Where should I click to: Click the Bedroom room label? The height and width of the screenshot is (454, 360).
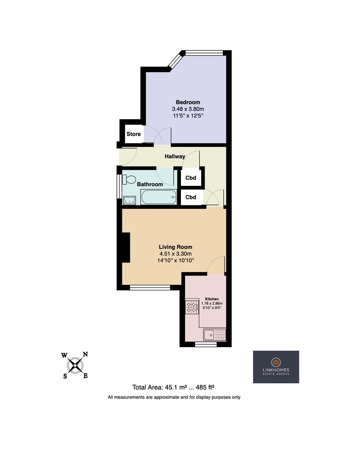tap(188, 102)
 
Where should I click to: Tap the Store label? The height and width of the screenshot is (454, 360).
tap(134, 134)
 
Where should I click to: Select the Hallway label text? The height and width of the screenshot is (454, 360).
tap(175, 156)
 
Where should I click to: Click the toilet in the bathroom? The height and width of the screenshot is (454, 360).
tap(129, 180)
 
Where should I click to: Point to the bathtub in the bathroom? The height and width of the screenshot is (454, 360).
tap(158, 197)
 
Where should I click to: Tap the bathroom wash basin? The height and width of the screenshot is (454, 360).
tap(129, 200)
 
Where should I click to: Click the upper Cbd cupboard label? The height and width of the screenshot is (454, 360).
tap(191, 178)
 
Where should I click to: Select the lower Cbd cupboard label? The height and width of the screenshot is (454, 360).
tap(191, 197)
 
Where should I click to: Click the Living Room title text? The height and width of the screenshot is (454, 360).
tap(175, 247)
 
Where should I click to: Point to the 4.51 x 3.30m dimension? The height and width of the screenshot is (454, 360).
tap(175, 254)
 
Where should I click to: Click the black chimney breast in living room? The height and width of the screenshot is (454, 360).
tap(126, 248)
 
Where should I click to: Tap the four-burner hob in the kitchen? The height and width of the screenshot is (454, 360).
tap(192, 307)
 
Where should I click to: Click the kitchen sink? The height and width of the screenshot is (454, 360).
tap(214, 335)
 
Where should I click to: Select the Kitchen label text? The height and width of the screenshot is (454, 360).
tap(212, 299)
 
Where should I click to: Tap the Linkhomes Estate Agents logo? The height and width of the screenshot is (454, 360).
tap(276, 367)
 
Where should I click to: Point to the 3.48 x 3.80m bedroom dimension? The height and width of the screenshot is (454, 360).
tap(188, 109)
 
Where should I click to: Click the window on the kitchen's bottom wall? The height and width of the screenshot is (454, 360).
tap(206, 344)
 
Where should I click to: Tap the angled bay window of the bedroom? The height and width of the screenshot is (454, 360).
tap(175, 61)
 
